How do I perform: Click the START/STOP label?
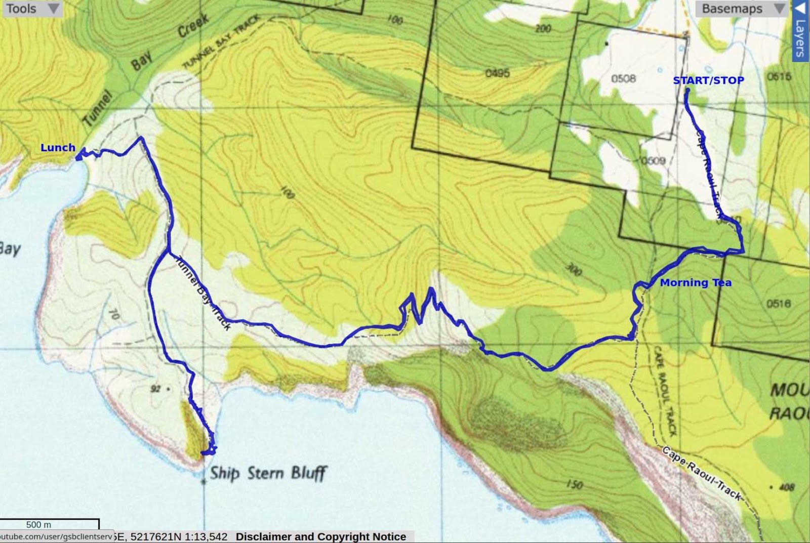pos(708,80)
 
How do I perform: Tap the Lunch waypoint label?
pos(58,147)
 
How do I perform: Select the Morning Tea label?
pos(696,283)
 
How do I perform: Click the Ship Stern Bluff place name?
pos(268,473)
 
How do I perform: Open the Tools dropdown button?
pos(31,9)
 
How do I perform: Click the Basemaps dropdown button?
pos(742,9)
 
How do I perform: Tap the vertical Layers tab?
pos(800,30)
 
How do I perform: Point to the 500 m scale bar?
pos(49,524)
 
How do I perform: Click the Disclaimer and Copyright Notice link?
pos(320,536)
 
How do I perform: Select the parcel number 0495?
pos(497,73)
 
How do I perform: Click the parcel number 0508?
pos(623,78)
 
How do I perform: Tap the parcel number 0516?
pos(778,304)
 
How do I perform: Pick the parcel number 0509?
pos(653,161)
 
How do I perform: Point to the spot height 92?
pos(155,389)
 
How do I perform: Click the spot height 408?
pos(786,487)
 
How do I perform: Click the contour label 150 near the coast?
pos(574,485)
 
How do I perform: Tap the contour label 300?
pos(573,270)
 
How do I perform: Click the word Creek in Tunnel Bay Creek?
pos(193,26)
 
